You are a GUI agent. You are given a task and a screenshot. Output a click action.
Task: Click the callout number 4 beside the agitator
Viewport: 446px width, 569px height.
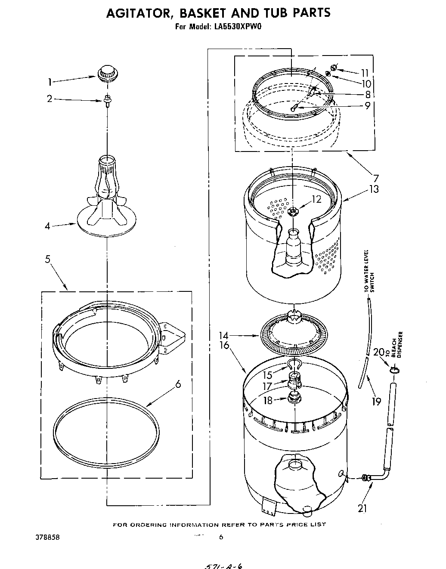48,226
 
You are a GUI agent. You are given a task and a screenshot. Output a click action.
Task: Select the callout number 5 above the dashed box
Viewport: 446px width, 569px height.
47,259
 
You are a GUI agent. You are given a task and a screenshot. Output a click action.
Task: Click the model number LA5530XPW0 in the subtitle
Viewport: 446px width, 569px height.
237,26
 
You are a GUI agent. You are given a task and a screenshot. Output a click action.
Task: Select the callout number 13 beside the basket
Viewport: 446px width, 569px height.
374,189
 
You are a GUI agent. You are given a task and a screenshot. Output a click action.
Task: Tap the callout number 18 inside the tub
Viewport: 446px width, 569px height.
268,400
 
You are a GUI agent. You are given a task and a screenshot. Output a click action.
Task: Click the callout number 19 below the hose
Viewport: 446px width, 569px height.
376,401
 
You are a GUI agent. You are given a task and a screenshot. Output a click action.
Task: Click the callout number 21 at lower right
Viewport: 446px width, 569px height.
362,508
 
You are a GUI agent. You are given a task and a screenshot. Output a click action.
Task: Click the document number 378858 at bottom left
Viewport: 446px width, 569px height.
48,538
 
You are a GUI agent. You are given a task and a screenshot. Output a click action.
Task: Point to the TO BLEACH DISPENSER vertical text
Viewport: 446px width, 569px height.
396,345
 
